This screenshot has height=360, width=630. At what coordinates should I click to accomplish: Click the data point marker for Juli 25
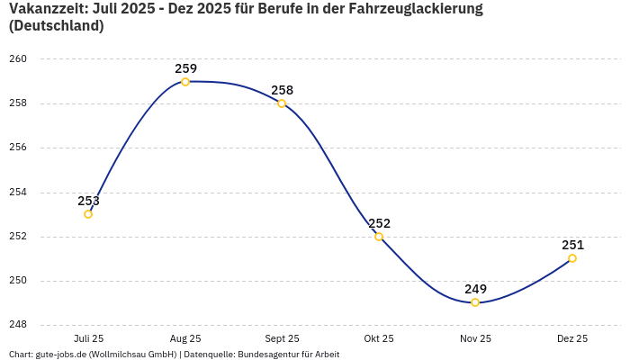(88, 214)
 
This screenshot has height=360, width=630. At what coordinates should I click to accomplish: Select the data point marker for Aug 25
(185, 82)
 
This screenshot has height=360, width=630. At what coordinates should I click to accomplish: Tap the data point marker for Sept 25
(282, 103)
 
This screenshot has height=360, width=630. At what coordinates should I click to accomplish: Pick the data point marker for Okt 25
(379, 237)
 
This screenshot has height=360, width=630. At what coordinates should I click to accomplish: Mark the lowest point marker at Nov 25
(475, 302)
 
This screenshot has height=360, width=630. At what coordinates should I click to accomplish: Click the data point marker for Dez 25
(572, 258)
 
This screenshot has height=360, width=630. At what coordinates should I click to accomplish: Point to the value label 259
(185, 68)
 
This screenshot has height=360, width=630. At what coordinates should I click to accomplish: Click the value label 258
(282, 90)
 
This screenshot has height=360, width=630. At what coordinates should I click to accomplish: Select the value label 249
(475, 289)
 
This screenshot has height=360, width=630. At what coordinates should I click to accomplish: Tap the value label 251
(572, 245)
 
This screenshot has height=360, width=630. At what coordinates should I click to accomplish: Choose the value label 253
(88, 201)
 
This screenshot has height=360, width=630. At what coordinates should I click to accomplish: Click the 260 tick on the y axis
(18, 59)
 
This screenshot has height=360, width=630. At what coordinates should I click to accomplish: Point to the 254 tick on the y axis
(18, 192)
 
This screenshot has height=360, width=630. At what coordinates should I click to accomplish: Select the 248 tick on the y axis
(18, 325)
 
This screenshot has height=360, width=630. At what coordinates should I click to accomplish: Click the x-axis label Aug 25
(185, 338)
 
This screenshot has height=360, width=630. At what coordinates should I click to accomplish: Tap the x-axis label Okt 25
(379, 338)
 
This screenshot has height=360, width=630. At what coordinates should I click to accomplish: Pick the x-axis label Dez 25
(572, 338)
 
